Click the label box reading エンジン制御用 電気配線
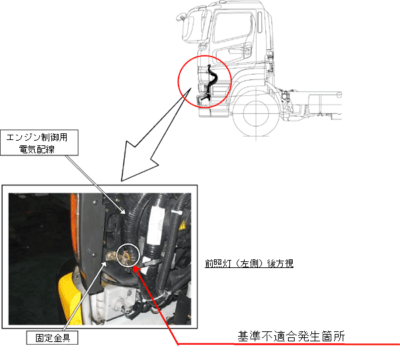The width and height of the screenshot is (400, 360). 39,143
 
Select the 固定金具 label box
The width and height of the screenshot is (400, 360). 52,338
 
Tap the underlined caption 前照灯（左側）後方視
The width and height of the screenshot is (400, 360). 249,263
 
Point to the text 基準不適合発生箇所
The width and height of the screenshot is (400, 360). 291,336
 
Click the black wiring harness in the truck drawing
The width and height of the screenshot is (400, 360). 212,81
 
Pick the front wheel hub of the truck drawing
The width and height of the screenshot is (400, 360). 256,113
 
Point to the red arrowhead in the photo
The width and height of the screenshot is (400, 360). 136,269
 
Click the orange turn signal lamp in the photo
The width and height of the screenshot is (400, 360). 74,225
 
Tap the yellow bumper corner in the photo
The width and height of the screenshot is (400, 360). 69,299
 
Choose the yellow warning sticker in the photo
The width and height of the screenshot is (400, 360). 182,226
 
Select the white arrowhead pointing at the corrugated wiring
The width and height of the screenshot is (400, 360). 123,211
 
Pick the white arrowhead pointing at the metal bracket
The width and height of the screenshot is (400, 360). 105,264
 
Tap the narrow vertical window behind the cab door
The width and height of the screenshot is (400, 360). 260,22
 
